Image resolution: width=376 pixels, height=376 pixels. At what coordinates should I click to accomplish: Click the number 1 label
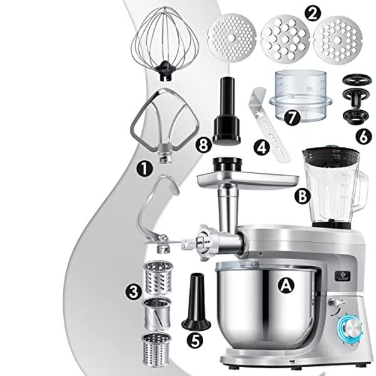click(145, 169)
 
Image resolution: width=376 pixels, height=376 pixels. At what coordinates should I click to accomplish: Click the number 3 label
click(134, 292)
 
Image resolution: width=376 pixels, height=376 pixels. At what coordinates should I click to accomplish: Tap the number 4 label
click(262, 147)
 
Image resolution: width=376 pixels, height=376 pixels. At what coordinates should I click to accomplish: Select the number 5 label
click(196, 340)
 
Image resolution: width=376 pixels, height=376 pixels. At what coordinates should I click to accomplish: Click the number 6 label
click(363, 137)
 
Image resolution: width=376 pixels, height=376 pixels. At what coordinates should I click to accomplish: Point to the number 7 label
click(292, 117)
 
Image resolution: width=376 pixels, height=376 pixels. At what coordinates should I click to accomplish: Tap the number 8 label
click(203, 145)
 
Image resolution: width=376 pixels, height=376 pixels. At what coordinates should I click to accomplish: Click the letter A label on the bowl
click(285, 285)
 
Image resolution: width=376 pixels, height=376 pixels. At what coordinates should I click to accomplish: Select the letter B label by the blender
click(303, 196)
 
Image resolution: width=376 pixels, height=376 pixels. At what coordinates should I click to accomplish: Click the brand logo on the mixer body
click(343, 276)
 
